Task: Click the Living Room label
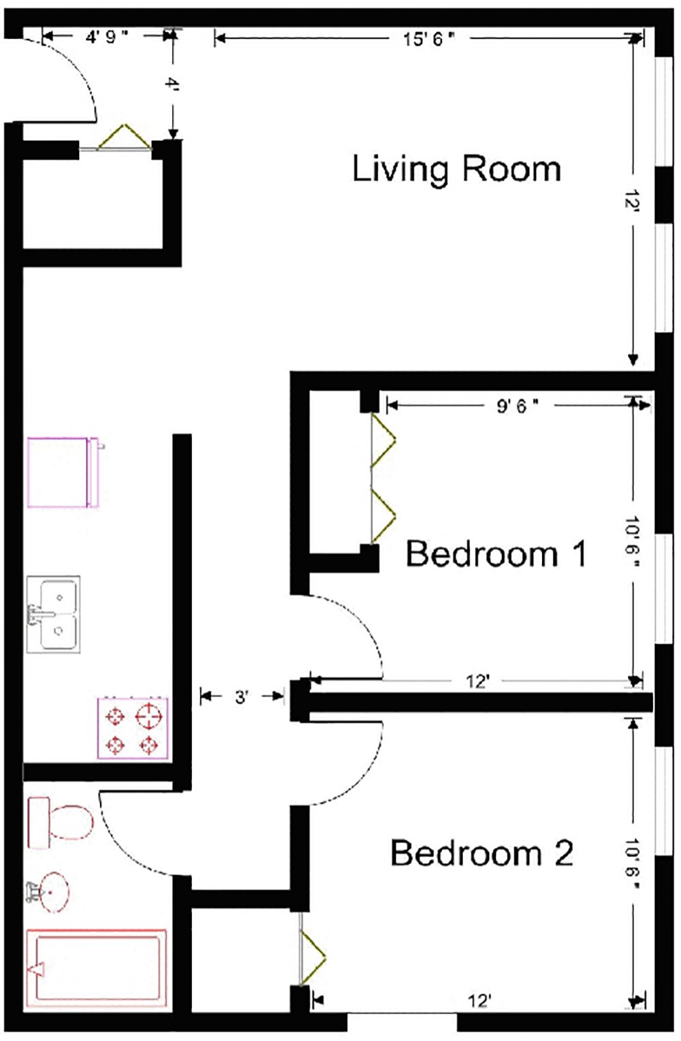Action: click(456, 169)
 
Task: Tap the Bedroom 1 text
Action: click(496, 554)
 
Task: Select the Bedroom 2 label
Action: click(481, 853)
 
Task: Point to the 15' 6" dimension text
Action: click(428, 39)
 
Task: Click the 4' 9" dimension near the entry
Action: click(106, 37)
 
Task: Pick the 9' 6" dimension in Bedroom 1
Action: click(517, 406)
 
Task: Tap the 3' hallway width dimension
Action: click(242, 697)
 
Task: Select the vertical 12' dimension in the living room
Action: click(634, 202)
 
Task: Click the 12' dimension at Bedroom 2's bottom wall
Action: click(479, 1001)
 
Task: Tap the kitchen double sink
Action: click(53, 614)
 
